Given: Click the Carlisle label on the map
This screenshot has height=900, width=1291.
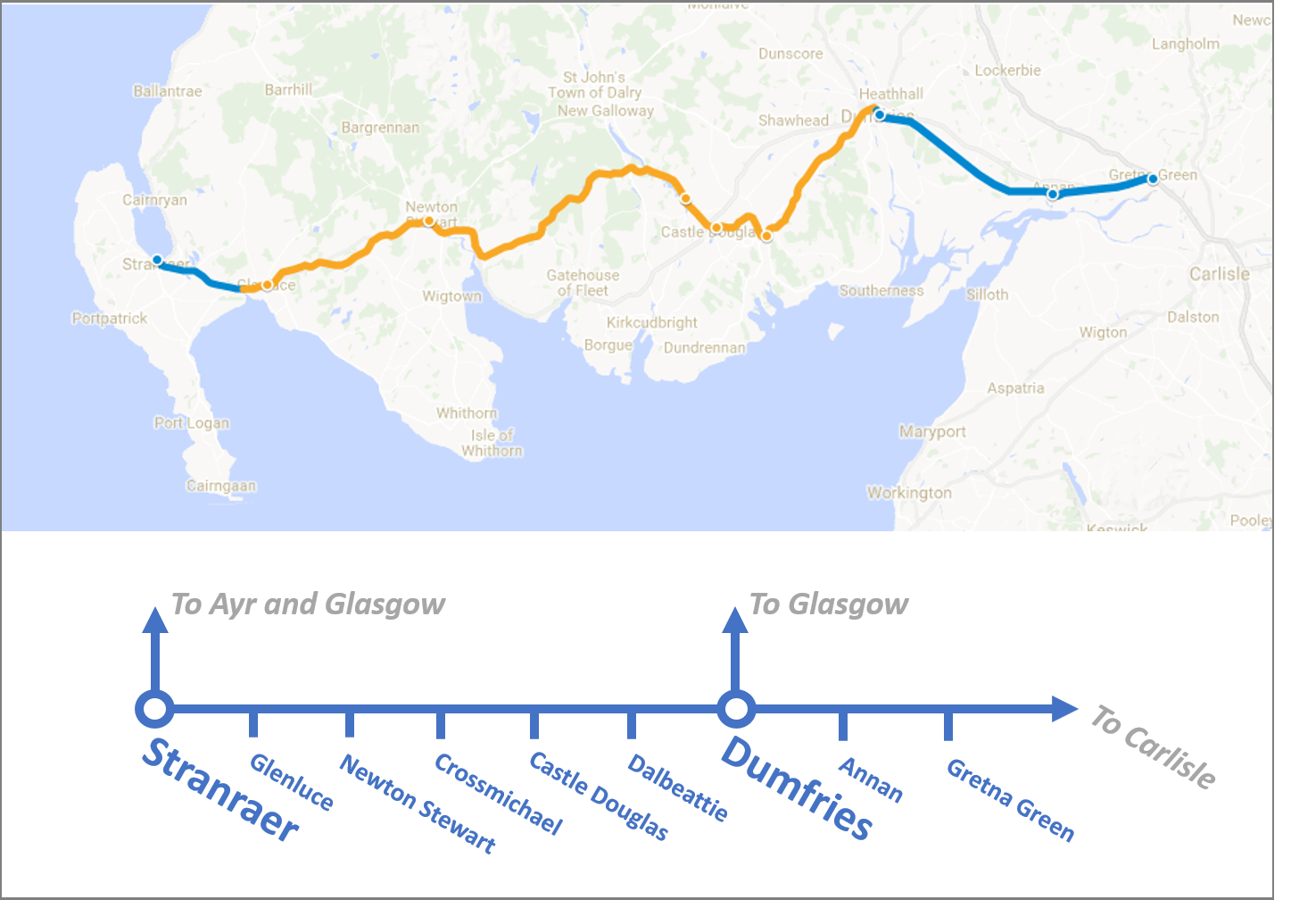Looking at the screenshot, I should (1219, 274).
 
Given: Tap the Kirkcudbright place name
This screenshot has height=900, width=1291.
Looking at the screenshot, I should (651, 322).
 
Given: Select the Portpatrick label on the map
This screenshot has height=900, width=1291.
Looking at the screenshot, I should (110, 318).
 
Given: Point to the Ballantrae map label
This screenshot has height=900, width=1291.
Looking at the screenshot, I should (167, 91).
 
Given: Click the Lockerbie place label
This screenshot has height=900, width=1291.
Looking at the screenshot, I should (1007, 71).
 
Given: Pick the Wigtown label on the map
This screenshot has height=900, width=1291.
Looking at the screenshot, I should (451, 296).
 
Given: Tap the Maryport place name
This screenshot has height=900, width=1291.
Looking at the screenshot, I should (932, 431).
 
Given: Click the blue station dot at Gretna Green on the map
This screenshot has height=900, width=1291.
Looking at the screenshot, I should (1153, 179).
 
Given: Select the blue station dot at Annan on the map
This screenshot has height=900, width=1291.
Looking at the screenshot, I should (1053, 194).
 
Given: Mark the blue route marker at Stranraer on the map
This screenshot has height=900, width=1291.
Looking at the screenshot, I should (157, 260).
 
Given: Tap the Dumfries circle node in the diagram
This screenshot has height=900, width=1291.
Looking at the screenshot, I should (736, 710).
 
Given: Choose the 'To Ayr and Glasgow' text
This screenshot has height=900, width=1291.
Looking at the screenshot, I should (308, 604).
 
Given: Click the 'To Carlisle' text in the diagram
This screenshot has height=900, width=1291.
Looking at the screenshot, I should (1152, 746).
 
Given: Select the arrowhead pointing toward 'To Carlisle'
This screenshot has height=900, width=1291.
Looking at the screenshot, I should (1064, 709).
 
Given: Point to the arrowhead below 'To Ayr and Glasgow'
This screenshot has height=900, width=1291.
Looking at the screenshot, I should (155, 621).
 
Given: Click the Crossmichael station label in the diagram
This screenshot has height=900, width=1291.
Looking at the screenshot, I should (498, 794).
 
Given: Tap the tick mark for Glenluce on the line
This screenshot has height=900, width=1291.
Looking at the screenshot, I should (253, 723).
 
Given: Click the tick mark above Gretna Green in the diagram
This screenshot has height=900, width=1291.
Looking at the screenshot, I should (948, 725).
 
